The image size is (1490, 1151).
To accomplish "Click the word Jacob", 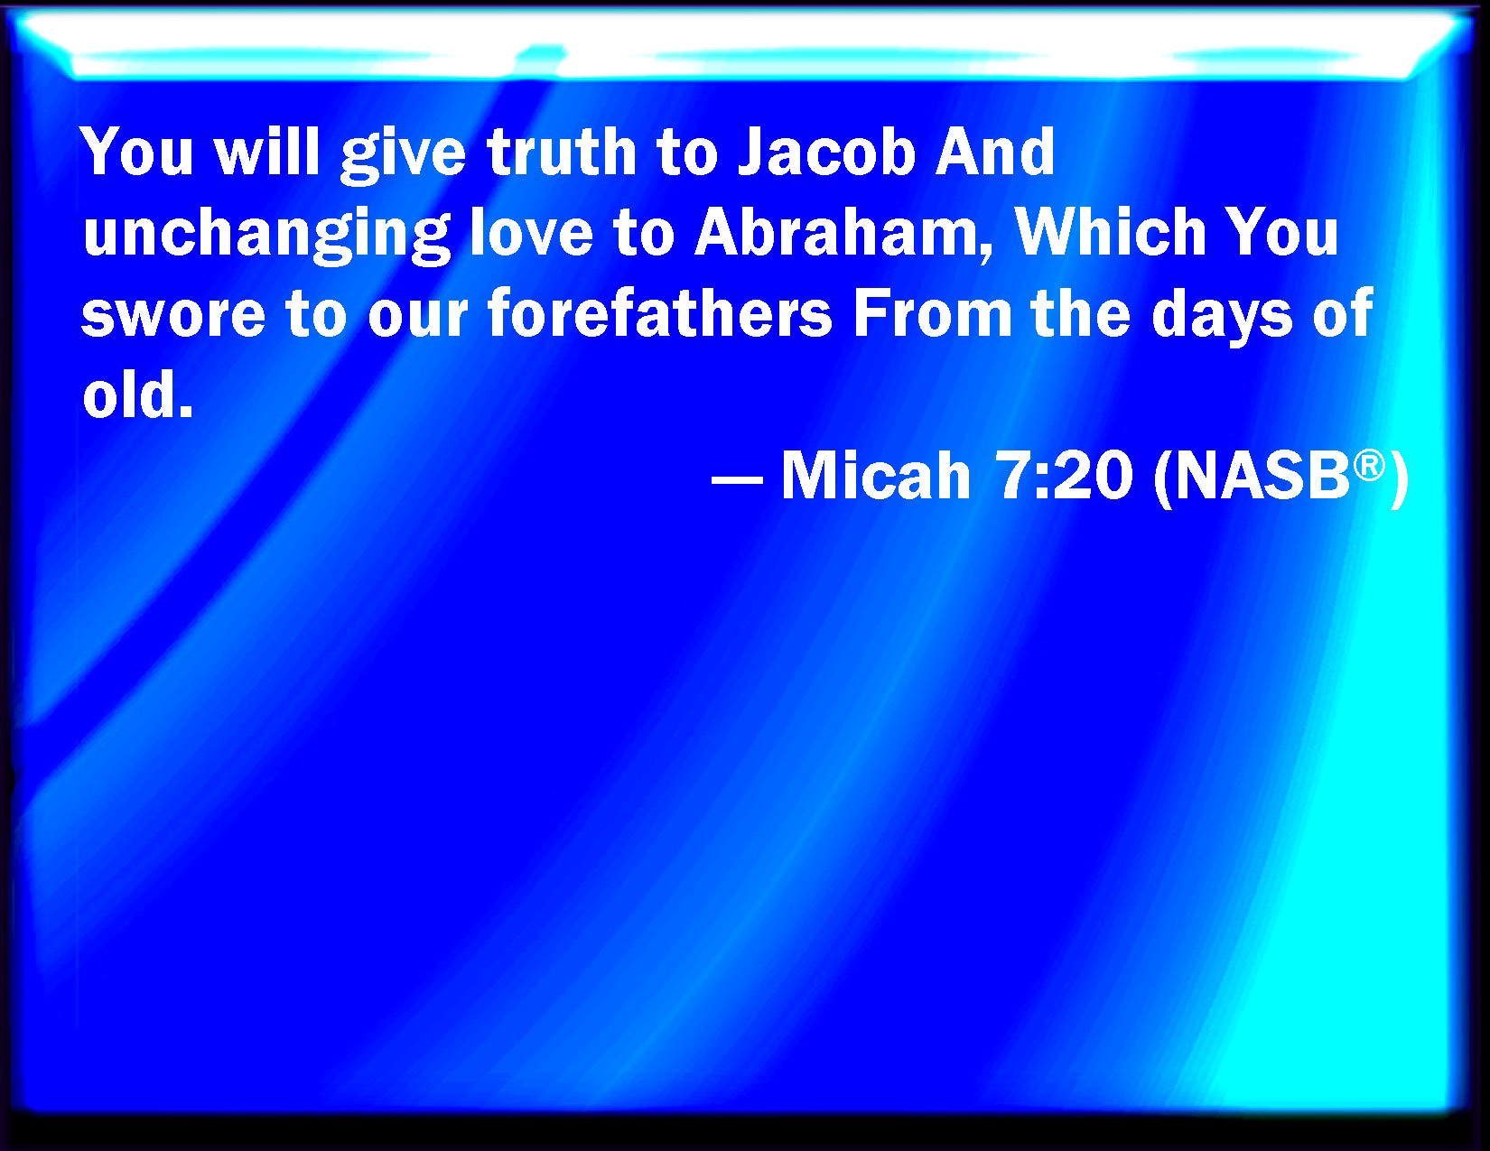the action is pos(827,152).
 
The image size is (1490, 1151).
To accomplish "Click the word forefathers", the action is pos(659,315).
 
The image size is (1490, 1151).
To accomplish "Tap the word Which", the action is pos(1111,233).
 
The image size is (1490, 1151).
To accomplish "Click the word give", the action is pos(403,156).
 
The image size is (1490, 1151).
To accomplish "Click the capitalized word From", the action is pos(933,315).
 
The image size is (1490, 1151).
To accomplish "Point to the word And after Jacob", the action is pos(996,152).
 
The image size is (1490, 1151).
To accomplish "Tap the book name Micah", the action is pos(876,475).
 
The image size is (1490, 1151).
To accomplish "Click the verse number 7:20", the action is pos(1064,475).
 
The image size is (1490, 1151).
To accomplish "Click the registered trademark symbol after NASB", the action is pos(1369,466).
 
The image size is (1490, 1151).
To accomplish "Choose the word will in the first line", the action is pos(267,152).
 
